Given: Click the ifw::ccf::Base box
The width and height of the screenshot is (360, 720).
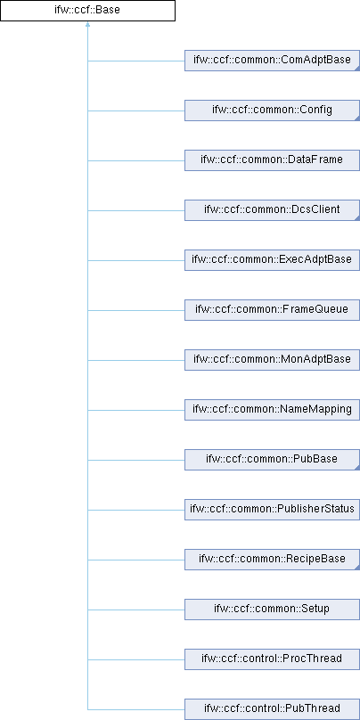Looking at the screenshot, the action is coord(87,10).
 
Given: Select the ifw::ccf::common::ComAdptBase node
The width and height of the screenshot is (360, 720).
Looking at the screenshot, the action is coord(273,61).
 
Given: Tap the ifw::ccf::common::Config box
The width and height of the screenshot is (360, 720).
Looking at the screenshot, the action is coord(273,110).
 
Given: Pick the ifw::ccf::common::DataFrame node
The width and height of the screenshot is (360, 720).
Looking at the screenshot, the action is coord(273,160).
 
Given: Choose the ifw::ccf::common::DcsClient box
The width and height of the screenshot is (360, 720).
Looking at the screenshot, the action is coord(273,210).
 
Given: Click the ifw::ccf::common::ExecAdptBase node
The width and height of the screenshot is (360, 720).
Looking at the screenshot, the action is coord(273,260).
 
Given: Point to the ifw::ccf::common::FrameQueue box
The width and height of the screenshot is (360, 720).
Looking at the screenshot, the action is coord(273,310).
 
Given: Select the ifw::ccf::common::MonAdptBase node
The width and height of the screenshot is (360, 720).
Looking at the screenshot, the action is coord(273,360).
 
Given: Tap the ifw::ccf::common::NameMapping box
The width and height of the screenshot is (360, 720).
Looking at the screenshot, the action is coord(273,410).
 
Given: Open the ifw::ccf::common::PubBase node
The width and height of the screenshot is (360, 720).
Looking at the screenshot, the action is coord(273,460).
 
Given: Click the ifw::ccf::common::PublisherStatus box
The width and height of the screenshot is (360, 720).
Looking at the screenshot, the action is coord(273,510).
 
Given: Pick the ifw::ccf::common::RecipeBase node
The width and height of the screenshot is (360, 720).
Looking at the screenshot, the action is coord(273,560).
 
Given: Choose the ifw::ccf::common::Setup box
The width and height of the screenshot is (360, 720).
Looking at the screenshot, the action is coord(273,610).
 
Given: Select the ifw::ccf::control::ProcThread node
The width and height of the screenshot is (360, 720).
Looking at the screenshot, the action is coord(273,659).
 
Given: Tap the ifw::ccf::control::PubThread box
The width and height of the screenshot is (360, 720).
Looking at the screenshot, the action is coord(273,709).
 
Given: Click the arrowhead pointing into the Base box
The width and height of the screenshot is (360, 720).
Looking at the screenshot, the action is coord(87,24).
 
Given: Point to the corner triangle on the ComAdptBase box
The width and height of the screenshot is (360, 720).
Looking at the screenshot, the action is coord(357,69).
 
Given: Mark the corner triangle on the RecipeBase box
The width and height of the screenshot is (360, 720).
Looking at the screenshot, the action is coord(357,568).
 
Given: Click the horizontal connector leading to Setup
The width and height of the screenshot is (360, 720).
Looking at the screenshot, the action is coord(136,610).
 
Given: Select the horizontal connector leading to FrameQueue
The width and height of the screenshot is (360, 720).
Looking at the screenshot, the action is coord(136,310).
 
